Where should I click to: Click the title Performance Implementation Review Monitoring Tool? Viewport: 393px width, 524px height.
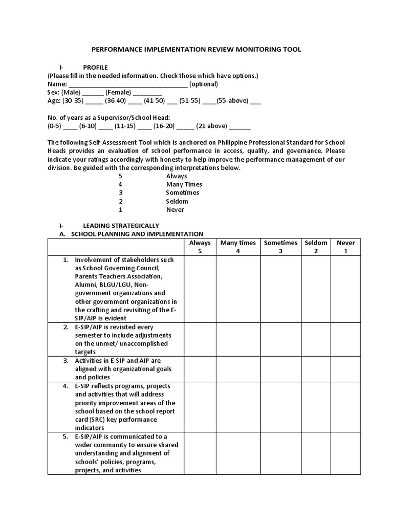point(196,50)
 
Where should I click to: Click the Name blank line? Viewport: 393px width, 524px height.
point(127,84)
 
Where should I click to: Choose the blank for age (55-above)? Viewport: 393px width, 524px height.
point(255,101)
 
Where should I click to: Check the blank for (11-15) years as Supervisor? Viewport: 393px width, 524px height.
point(145,126)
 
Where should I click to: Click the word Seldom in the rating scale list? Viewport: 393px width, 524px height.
point(177,201)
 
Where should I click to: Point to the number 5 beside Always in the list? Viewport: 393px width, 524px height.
point(120,176)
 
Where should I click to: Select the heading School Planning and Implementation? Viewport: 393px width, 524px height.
point(137,234)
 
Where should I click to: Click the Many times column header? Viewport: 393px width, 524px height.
point(238,247)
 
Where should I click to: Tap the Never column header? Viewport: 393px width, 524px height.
point(345,247)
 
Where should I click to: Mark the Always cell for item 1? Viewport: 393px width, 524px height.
point(200,289)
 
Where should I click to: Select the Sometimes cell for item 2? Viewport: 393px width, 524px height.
point(280,339)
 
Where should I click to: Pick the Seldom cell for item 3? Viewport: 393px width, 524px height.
point(316,368)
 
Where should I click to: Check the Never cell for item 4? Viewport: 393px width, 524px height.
point(345,406)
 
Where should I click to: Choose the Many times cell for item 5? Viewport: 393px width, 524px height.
point(238,453)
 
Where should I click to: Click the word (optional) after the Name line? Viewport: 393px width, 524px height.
point(204,84)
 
